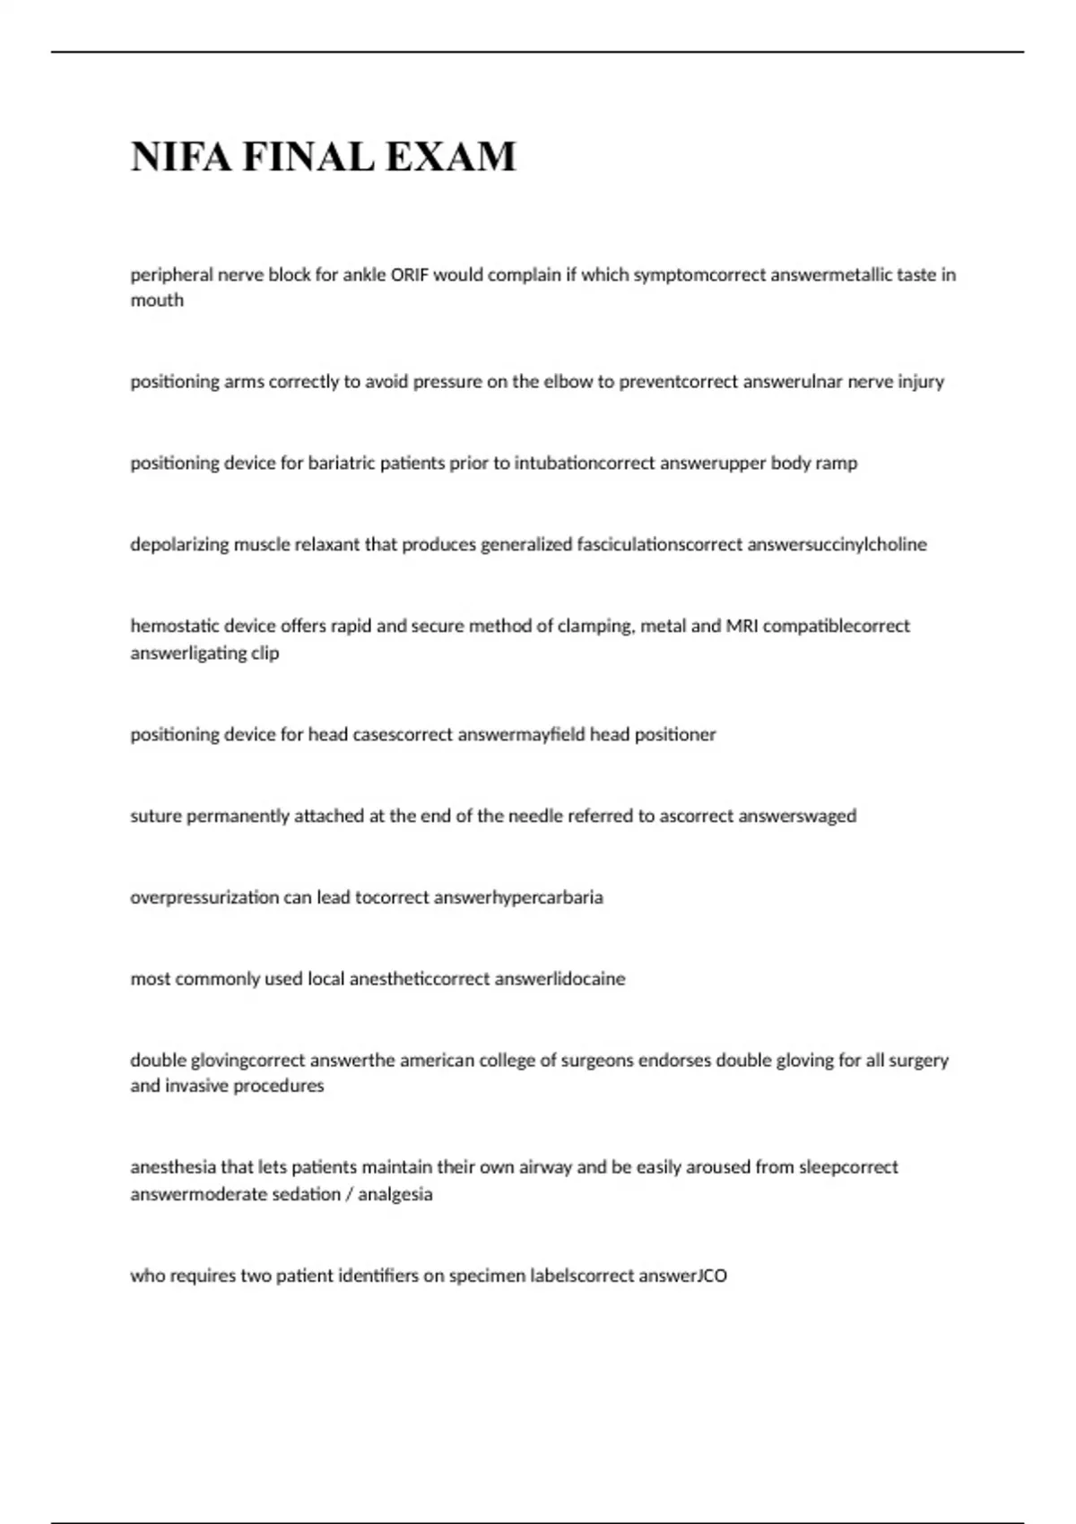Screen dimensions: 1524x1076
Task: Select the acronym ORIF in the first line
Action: coord(410,275)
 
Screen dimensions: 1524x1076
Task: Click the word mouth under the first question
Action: coord(157,300)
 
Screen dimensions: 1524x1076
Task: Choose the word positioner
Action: coord(675,735)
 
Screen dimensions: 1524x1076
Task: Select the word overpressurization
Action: coord(204,897)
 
